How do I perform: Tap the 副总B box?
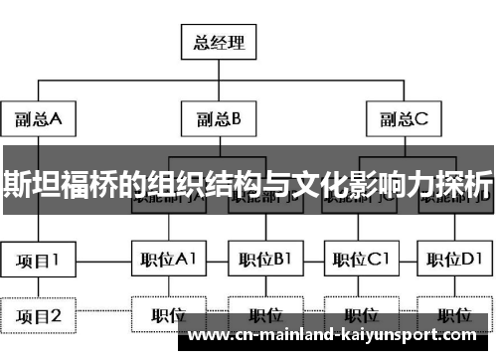coord(219,120)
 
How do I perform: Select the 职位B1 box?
coord(264,262)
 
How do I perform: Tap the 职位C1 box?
coord(360,262)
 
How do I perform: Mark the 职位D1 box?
coord(454,262)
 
